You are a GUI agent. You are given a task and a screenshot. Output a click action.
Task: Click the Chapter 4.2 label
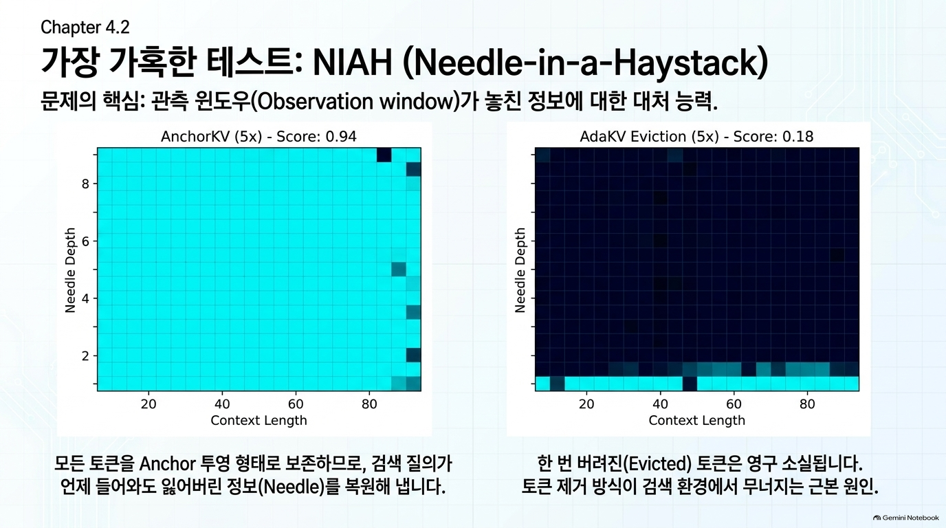click(85, 27)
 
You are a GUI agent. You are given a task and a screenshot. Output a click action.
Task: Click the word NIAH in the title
click(353, 63)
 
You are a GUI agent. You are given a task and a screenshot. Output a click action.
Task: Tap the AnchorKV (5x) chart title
click(258, 136)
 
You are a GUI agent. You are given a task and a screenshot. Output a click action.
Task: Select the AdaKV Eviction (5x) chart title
click(696, 136)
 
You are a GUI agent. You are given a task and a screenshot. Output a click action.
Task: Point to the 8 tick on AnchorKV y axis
click(86, 184)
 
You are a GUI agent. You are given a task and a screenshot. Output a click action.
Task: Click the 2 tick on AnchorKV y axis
click(86, 356)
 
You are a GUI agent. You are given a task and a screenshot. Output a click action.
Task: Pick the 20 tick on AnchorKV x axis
click(148, 404)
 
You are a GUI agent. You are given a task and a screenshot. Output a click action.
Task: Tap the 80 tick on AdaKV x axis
click(807, 404)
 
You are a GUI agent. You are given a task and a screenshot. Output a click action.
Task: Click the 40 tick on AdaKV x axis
click(660, 404)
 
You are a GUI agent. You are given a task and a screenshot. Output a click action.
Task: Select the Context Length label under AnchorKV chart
click(258, 420)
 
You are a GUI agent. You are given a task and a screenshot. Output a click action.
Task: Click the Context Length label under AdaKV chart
click(697, 420)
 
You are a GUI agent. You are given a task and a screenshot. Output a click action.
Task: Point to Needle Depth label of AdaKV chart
click(520, 270)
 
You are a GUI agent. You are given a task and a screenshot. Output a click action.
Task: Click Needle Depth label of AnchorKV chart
click(70, 270)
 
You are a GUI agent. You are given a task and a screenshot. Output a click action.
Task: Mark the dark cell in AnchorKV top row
click(384, 155)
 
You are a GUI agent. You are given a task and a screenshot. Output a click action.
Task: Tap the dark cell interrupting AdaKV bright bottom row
click(690, 384)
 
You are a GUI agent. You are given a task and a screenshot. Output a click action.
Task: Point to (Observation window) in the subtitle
click(355, 102)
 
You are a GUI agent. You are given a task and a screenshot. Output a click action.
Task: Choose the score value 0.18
click(797, 136)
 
